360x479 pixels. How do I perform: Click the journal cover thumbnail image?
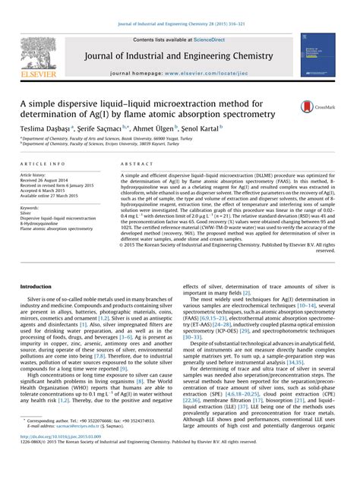click(317, 54)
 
